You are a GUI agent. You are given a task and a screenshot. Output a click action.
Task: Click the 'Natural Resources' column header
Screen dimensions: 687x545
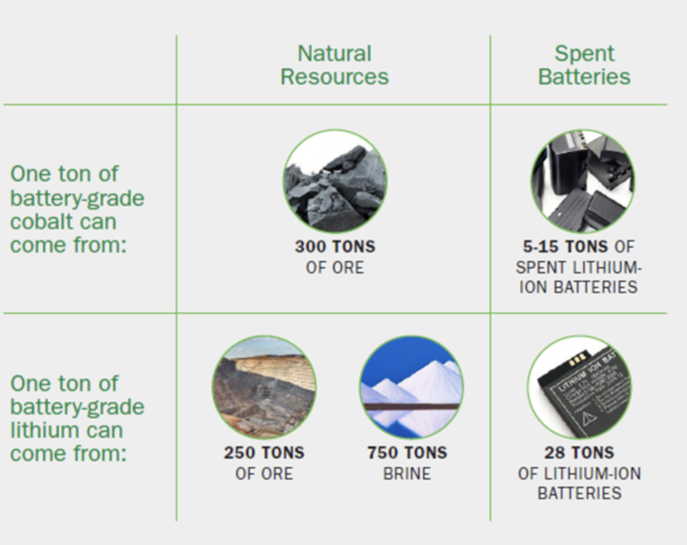tap(335, 65)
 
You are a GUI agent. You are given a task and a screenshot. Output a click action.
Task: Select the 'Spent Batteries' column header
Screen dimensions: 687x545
tap(584, 65)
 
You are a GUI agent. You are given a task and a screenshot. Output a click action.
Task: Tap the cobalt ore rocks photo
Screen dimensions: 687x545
tap(335, 181)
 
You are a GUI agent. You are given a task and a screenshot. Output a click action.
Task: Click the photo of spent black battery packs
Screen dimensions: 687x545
tap(583, 181)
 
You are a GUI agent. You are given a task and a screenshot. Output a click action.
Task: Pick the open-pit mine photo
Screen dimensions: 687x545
tap(264, 387)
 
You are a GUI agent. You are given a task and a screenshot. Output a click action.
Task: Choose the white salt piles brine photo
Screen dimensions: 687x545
tap(411, 387)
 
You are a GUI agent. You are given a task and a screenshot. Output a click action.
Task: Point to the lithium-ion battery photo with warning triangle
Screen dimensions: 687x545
tap(579, 387)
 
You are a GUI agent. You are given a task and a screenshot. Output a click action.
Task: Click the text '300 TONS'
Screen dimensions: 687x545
tap(335, 246)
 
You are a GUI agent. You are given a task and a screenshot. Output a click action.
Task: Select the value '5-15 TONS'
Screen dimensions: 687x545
tap(565, 246)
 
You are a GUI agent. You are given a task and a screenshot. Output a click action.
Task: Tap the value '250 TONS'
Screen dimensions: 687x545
tap(264, 453)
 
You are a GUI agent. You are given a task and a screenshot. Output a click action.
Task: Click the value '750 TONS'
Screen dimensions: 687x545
tap(407, 453)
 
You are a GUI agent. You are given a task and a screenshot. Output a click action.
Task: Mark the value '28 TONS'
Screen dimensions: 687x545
tap(579, 453)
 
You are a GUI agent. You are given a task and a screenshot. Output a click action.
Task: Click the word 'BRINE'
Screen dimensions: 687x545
tap(407, 474)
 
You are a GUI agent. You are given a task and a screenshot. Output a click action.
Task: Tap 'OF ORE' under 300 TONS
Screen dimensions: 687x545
tap(335, 268)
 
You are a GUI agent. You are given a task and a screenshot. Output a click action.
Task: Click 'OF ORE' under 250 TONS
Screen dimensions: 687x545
tap(264, 474)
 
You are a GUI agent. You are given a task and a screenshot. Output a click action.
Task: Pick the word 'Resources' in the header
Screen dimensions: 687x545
tap(335, 77)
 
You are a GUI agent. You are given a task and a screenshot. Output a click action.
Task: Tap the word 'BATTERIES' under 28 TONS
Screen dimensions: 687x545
tap(579, 493)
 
